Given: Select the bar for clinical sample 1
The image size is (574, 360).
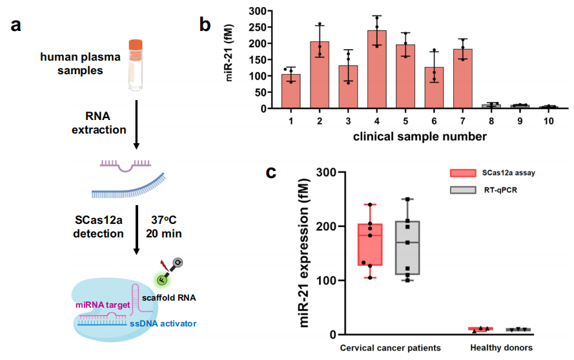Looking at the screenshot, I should pyautogui.click(x=291, y=91).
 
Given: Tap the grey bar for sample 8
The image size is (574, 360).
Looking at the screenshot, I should pyautogui.click(x=491, y=106).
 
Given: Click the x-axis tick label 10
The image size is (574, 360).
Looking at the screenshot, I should pyautogui.click(x=548, y=121).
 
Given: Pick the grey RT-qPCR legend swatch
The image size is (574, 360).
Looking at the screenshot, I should pyautogui.click(x=463, y=190).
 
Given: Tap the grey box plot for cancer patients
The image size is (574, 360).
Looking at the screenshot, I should pyautogui.click(x=408, y=248).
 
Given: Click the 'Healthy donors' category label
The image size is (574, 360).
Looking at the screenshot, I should pyautogui.click(x=501, y=348).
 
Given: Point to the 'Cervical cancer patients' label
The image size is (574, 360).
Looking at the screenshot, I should pyautogui.click(x=391, y=348).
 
